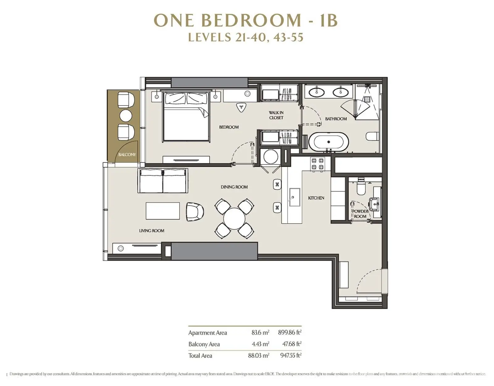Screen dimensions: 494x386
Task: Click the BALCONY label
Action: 127,155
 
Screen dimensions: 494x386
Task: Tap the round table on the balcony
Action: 126,116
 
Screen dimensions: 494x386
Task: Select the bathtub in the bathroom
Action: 329,142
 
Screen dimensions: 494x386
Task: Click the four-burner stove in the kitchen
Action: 318,164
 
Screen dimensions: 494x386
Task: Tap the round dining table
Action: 234,218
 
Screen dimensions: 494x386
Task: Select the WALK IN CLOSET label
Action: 276,115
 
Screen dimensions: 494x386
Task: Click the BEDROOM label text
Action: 229,127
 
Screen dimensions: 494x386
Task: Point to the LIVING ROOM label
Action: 152,231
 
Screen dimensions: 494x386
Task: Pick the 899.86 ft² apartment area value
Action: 290,333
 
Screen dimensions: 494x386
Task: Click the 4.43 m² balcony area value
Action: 261,344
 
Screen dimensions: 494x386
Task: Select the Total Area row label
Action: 200,355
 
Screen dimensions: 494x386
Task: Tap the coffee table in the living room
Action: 162,211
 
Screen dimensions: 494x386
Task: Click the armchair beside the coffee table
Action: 195,212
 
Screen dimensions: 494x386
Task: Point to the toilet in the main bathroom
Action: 372,137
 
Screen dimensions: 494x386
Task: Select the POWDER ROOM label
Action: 360,214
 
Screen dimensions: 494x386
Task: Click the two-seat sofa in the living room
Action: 163,181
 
